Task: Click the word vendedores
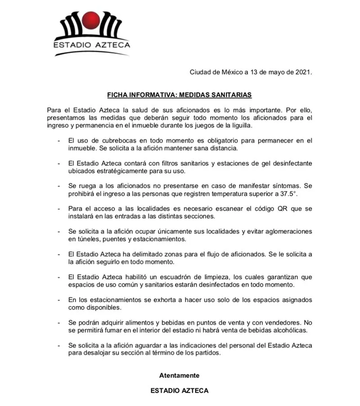coord(279,323)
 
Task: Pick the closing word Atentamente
coord(179,375)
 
